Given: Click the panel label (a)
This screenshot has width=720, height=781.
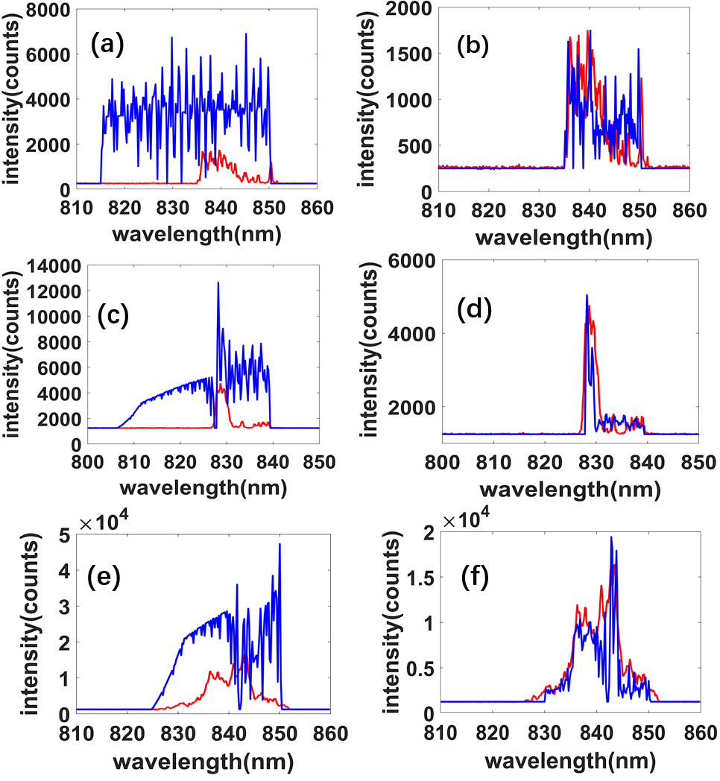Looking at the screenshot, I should [x=107, y=46].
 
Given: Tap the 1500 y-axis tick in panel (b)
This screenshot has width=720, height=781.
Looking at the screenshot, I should [x=410, y=54].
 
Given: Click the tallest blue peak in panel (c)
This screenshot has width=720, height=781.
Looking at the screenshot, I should [x=218, y=283].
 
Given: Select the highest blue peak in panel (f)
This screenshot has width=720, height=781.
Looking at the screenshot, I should [x=611, y=538].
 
